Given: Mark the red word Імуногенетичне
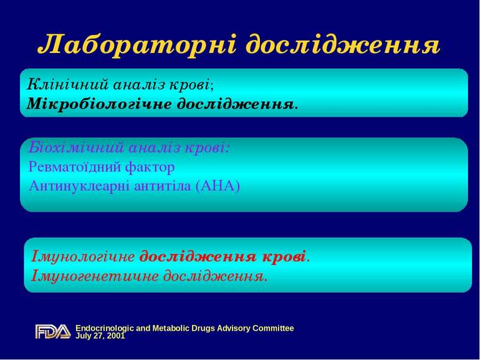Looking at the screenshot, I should pos(91,275).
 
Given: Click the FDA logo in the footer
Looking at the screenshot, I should pos(52,331).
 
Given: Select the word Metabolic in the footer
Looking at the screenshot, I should pos(165,328).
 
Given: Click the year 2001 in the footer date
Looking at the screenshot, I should pos(115,336).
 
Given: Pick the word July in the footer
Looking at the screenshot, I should pos(84,336).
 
